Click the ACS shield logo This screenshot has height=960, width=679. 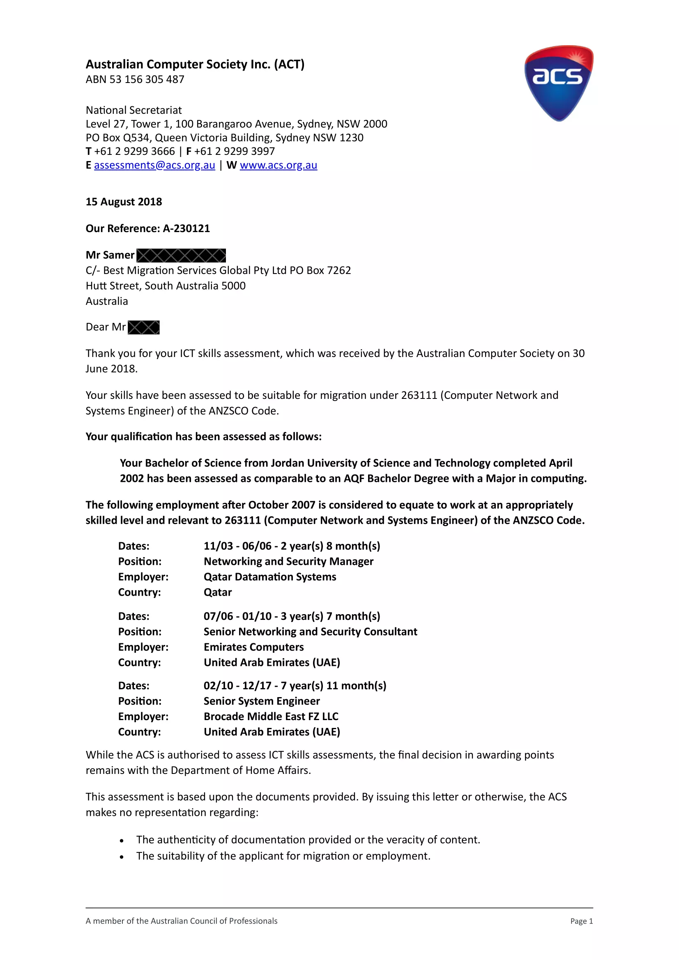point(559,83)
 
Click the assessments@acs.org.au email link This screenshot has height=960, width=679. point(154,165)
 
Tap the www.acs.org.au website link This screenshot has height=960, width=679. point(279,165)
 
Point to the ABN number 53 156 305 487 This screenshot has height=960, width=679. point(147,79)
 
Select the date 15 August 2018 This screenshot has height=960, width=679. point(124,202)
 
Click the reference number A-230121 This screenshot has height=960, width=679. point(186,228)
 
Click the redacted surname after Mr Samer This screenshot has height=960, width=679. point(181,255)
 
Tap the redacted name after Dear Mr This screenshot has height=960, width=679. point(143,327)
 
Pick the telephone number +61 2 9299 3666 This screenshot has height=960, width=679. point(134,151)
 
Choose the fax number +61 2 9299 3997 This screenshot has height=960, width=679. point(235,151)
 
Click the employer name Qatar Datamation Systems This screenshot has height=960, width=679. point(270,577)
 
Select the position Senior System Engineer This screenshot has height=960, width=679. point(262,701)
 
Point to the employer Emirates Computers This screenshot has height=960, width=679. point(253,647)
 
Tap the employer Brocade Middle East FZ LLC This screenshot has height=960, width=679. point(271,717)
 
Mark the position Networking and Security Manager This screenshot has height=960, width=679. point(288,562)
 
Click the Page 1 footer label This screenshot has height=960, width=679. point(581,921)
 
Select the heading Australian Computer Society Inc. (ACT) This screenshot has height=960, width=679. point(195,64)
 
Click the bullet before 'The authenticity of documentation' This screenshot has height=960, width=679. point(122,840)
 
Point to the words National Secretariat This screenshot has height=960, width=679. point(134,111)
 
